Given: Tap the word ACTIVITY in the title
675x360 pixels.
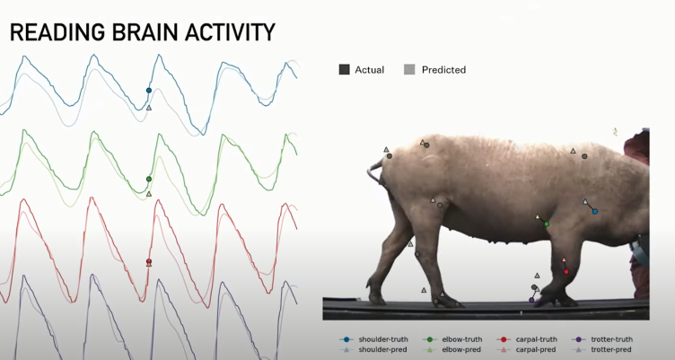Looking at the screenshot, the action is click(x=230, y=32).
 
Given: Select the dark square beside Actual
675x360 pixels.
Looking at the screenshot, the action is click(x=344, y=69).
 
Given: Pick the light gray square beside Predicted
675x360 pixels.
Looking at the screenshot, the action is click(x=409, y=69).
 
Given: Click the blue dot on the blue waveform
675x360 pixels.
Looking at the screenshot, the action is click(x=149, y=91).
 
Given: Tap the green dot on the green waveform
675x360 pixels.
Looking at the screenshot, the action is click(x=149, y=179).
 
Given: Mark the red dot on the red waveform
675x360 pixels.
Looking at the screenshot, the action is click(x=149, y=261).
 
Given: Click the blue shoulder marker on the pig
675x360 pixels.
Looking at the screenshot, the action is click(x=595, y=212).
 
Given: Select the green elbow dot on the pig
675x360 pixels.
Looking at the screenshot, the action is click(x=547, y=224).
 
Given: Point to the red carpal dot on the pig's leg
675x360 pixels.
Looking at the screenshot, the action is click(x=566, y=272).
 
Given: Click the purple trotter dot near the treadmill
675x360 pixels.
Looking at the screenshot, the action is click(x=531, y=300).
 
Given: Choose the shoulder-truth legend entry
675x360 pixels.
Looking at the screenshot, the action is click(x=373, y=339).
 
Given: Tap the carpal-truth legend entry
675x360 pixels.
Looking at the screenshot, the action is click(x=527, y=339).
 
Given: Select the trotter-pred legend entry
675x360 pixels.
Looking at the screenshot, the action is click(x=601, y=349).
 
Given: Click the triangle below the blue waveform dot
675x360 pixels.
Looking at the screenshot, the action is click(x=149, y=108).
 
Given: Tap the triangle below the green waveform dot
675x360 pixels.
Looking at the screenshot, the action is click(x=149, y=194).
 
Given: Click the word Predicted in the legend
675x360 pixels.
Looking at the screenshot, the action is click(x=443, y=70).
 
